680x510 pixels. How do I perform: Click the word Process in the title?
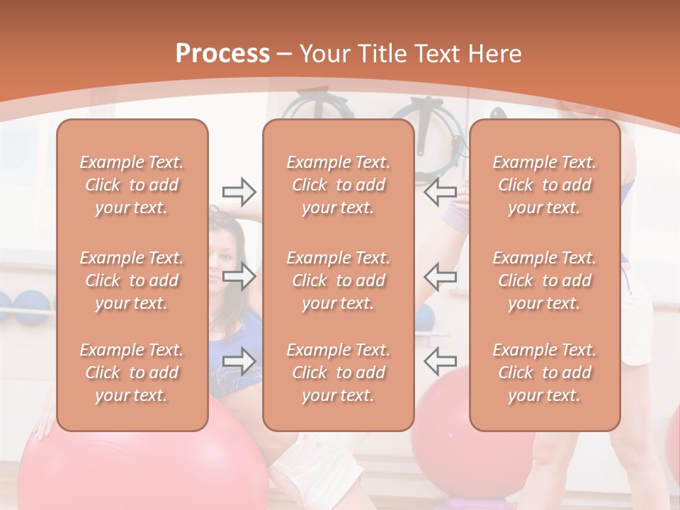[222, 54]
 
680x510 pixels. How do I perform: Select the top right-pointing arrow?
[239, 191]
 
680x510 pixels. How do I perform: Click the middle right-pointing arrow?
[239, 276]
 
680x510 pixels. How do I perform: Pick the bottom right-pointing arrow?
[239, 361]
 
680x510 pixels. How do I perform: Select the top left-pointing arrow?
[440, 191]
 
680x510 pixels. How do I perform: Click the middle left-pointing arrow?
[440, 276]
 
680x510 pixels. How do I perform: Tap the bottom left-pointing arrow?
[440, 361]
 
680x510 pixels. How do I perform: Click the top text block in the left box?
[132, 185]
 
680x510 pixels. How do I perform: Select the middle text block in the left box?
[132, 280]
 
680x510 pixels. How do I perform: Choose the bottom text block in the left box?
[132, 373]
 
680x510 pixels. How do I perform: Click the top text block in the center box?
[338, 185]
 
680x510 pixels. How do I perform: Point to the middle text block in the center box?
[338, 280]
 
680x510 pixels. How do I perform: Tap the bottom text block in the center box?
[338, 373]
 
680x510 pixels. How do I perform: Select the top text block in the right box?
[544, 185]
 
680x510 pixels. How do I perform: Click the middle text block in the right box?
[544, 280]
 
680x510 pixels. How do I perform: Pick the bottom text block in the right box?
[544, 373]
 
